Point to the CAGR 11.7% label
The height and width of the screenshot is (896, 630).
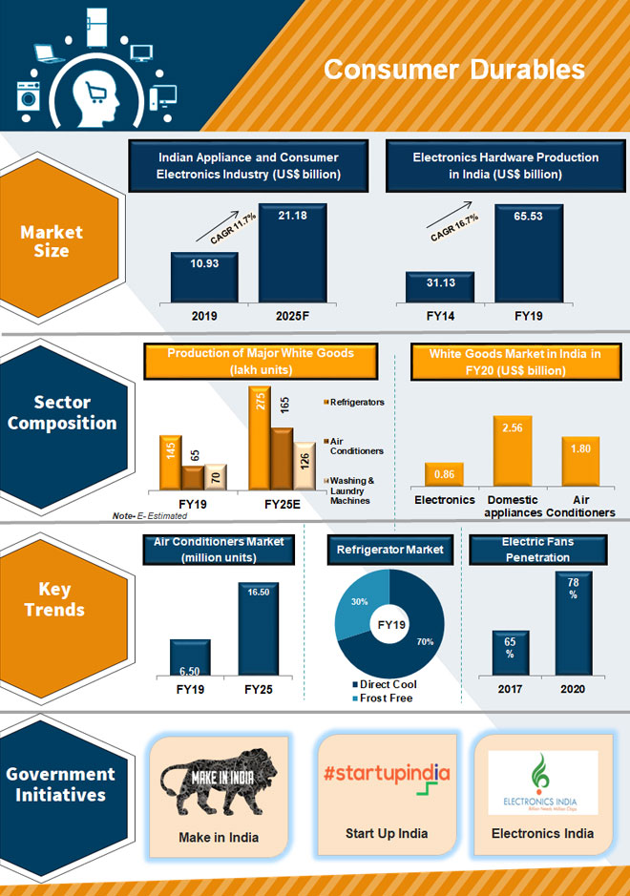[x=223, y=227]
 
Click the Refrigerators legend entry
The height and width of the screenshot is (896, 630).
[x=357, y=403]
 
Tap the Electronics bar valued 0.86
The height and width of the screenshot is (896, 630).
[x=444, y=474]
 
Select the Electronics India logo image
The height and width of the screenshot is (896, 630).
[x=542, y=781]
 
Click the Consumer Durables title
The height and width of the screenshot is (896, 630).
[x=453, y=70]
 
